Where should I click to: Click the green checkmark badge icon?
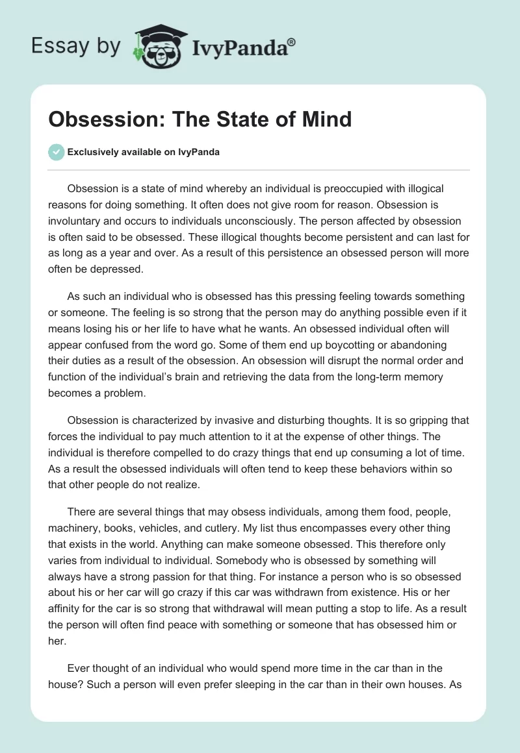56,152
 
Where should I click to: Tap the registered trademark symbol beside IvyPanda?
292,42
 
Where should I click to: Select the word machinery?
73,512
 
